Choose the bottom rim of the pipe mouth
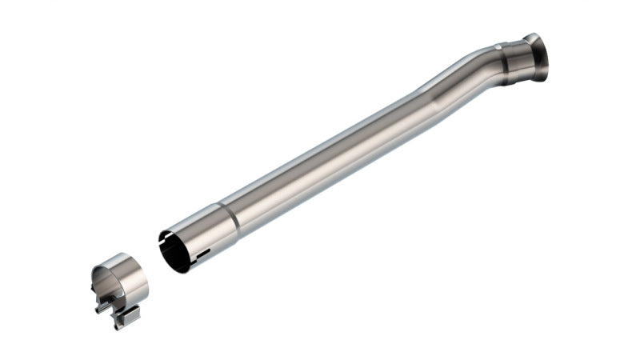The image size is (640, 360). [186, 268]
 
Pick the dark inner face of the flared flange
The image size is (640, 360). [542, 60]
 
